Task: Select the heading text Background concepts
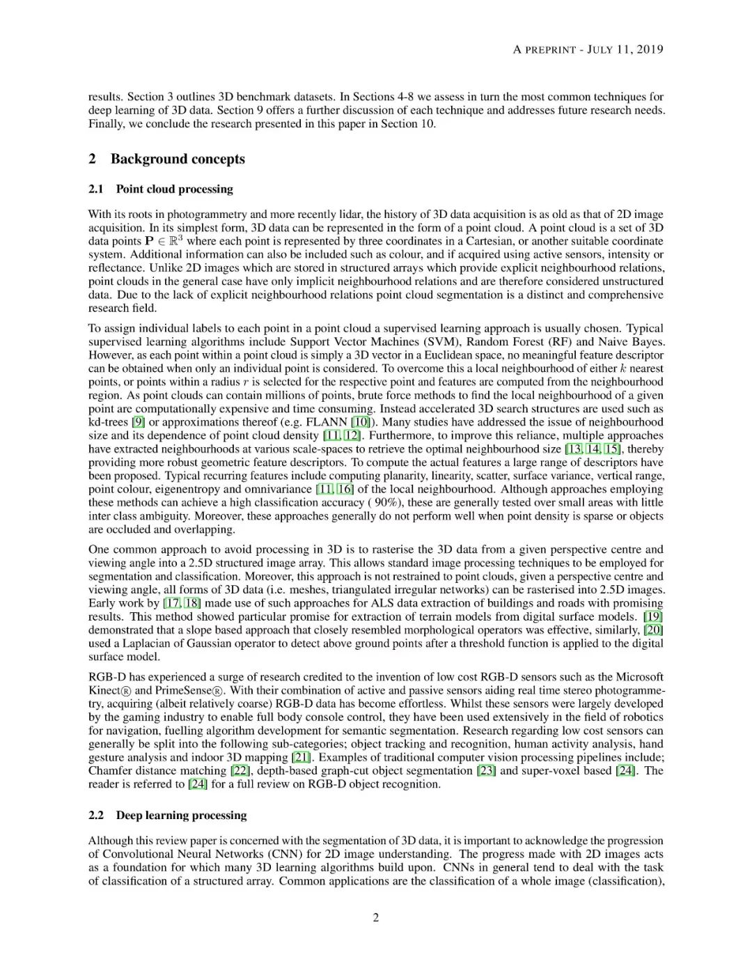tap(178, 159)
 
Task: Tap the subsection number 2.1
tap(96, 189)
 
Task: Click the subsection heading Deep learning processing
tap(181, 815)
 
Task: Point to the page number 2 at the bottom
tap(376, 917)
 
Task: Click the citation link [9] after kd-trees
tap(139, 422)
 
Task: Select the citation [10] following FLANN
tap(361, 422)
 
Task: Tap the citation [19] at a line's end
tap(653, 616)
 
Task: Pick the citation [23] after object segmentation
tap(486, 770)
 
